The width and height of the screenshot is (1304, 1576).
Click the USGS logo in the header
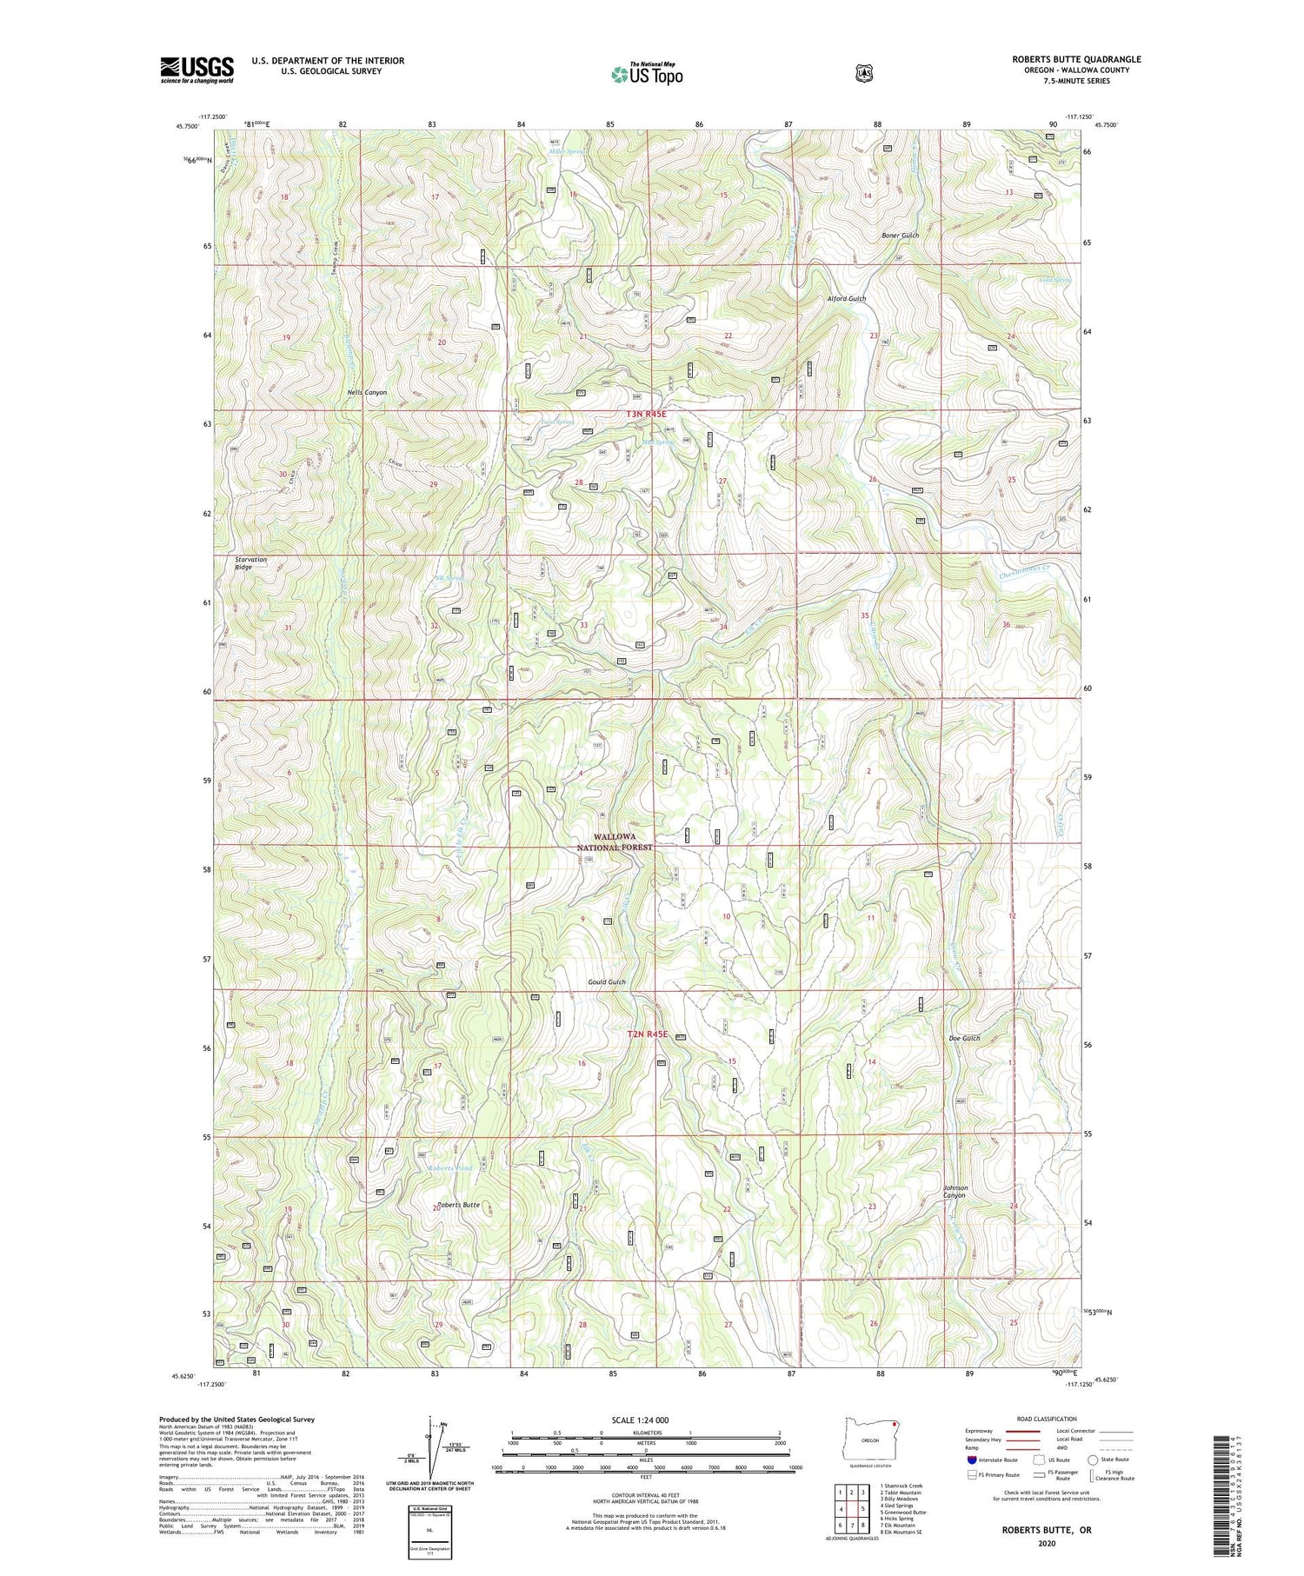coord(196,70)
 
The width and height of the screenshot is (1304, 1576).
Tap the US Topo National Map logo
coord(647,74)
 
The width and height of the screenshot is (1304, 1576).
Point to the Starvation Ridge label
coord(251,563)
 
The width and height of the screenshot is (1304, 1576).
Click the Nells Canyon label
coord(366,393)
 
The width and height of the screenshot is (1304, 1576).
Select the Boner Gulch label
coord(900,236)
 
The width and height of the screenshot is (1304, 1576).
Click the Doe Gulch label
coord(964,1039)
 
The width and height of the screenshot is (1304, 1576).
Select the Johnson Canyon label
coord(955,1192)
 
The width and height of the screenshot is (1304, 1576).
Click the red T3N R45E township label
coord(648,416)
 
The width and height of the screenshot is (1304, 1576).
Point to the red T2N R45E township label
coord(649,1034)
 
